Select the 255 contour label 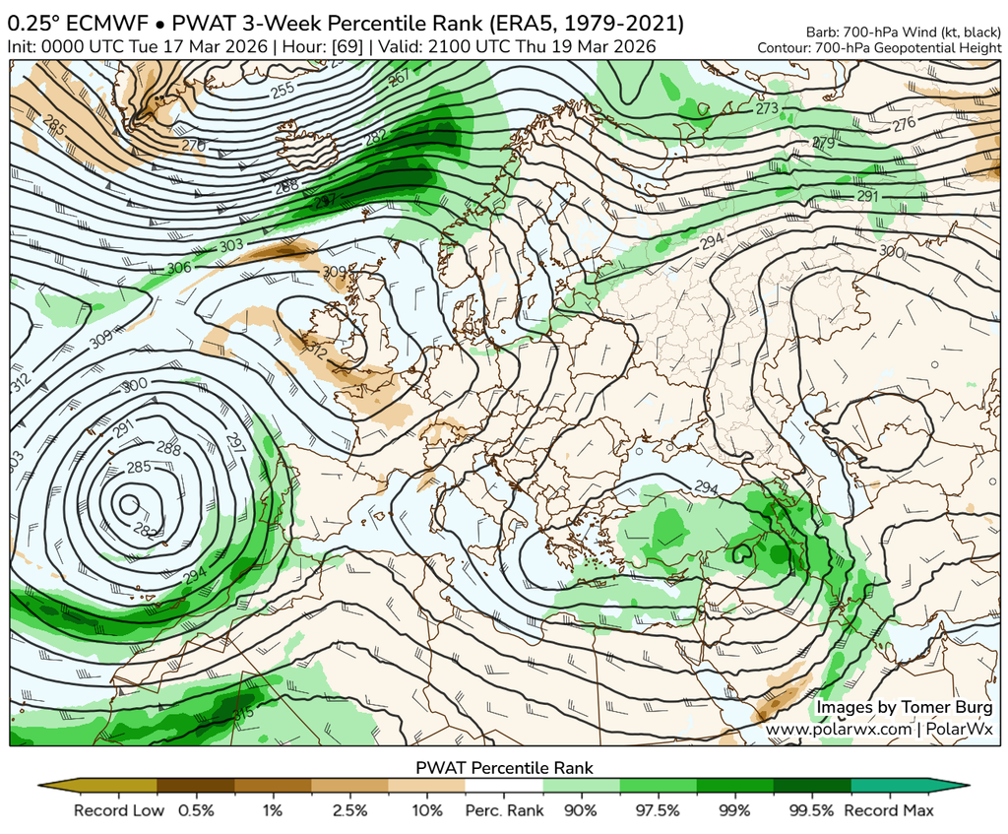283,90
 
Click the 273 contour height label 767,108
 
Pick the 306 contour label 179,268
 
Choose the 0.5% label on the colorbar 196,810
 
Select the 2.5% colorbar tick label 349,810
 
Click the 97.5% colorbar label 658,810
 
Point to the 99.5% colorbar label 812,810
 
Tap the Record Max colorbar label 889,810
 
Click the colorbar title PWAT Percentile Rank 504,766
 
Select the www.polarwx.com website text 840,729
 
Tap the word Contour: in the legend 786,47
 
